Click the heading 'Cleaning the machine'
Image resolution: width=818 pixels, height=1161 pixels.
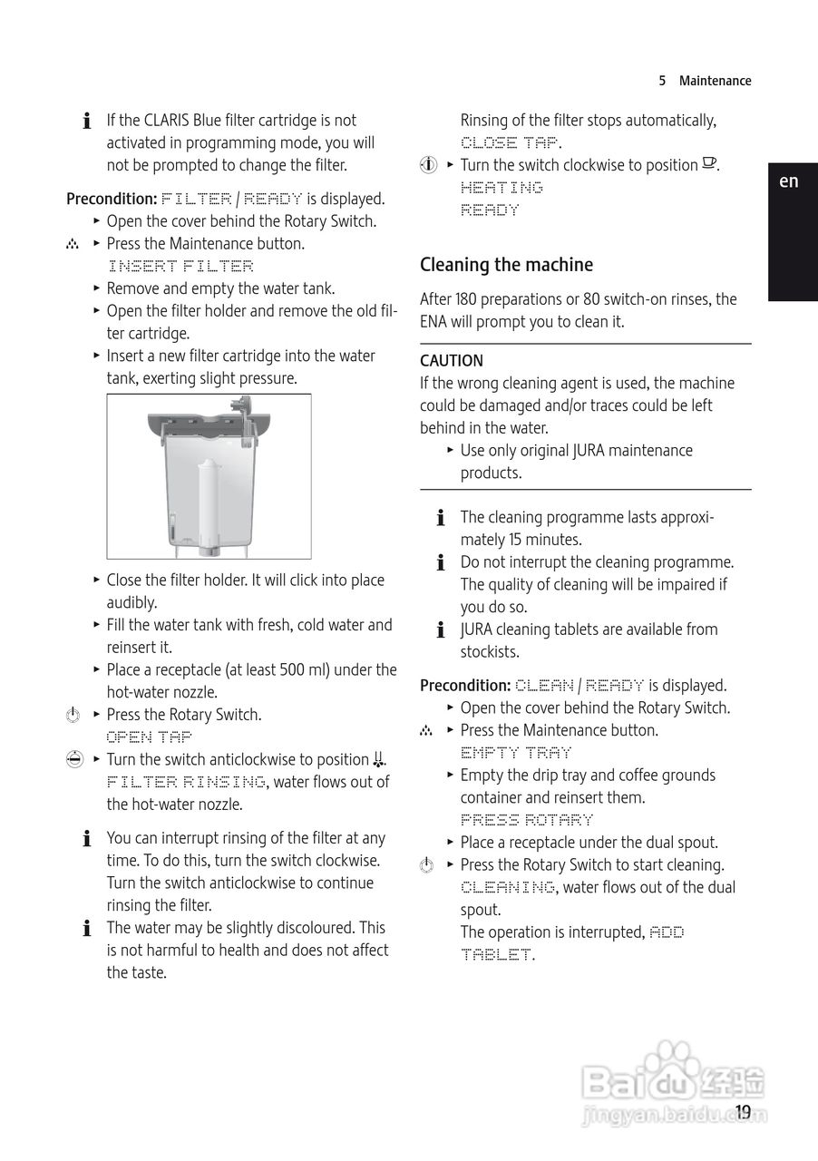(506, 265)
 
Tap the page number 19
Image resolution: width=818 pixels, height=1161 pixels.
(743, 1112)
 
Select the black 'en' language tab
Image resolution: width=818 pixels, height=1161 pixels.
(789, 181)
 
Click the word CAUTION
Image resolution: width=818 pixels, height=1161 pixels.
(452, 361)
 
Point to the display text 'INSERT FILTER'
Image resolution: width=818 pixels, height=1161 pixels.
(180, 266)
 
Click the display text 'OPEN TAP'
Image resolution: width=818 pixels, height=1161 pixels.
(150, 737)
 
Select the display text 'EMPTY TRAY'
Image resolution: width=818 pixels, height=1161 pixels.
(516, 753)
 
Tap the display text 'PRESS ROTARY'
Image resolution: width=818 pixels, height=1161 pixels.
(527, 820)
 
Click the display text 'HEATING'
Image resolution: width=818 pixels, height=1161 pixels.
(502, 188)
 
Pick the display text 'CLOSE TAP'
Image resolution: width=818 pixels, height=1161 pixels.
(510, 142)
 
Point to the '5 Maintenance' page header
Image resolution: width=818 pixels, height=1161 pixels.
(705, 81)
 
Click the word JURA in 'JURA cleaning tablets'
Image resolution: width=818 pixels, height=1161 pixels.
(477, 629)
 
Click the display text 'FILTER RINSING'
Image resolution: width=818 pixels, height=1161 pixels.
(186, 782)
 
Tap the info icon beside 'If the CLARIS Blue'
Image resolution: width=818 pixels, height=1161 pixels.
(87, 121)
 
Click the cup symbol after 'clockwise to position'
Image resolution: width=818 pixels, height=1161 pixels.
(709, 164)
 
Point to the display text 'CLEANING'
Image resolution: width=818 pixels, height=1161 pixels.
(508, 887)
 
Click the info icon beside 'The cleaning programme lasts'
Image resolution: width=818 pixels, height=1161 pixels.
(441, 518)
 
